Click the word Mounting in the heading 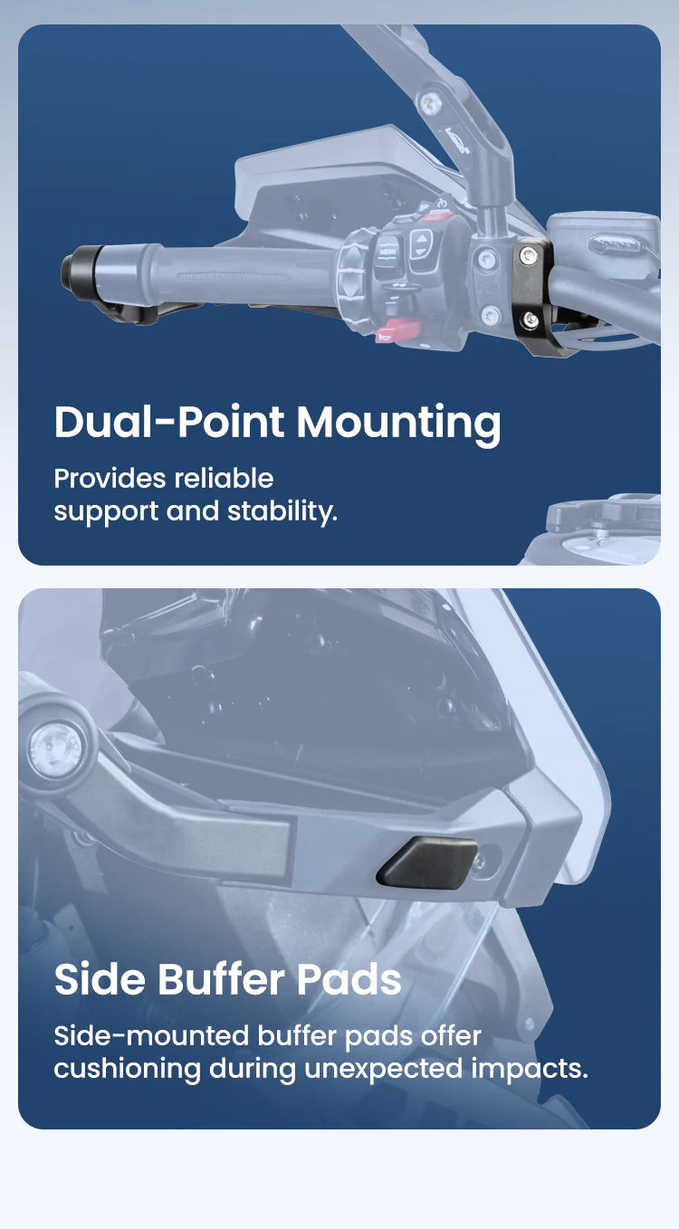point(398,423)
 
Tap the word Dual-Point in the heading point(169,422)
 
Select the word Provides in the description point(110,479)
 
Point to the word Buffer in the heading point(222,980)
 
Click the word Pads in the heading point(349,980)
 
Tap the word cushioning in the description point(128,1070)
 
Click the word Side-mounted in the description point(151,1036)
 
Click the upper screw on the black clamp point(528,254)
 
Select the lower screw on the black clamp point(531,319)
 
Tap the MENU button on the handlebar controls point(388,252)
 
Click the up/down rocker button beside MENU point(421,244)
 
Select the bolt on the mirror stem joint point(431,102)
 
